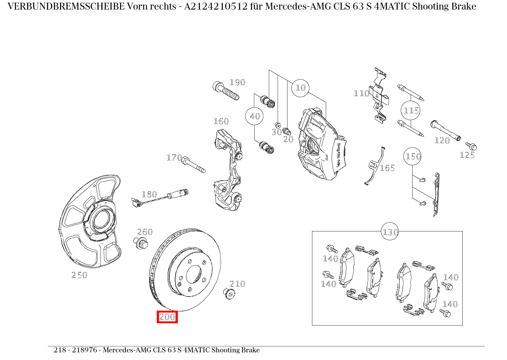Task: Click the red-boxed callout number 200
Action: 167,317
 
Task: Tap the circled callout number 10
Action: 301,88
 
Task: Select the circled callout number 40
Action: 254,116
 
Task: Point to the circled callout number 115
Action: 410,111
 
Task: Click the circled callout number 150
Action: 413,156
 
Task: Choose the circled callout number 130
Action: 390,231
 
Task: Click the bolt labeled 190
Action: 226,91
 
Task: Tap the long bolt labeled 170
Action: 193,165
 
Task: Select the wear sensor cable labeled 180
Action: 159,198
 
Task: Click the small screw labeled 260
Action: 140,243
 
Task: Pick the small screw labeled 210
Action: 229,294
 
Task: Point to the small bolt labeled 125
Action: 471,146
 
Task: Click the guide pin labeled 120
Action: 445,130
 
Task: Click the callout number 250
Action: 79,275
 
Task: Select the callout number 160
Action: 221,121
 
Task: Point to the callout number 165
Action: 387,168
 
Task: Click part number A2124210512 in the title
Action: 216,7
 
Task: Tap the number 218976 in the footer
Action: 84,350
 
